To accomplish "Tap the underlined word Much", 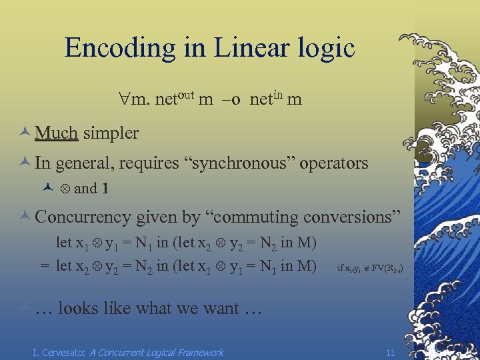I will pos(56,133).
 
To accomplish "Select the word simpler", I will pos(111,133).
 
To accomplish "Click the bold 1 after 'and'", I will pos(105,189).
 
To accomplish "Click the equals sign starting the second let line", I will pos(44,266).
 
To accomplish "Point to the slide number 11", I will pos(390,352).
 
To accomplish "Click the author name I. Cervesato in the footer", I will pos(59,352).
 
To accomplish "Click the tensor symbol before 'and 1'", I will pos(65,189).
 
